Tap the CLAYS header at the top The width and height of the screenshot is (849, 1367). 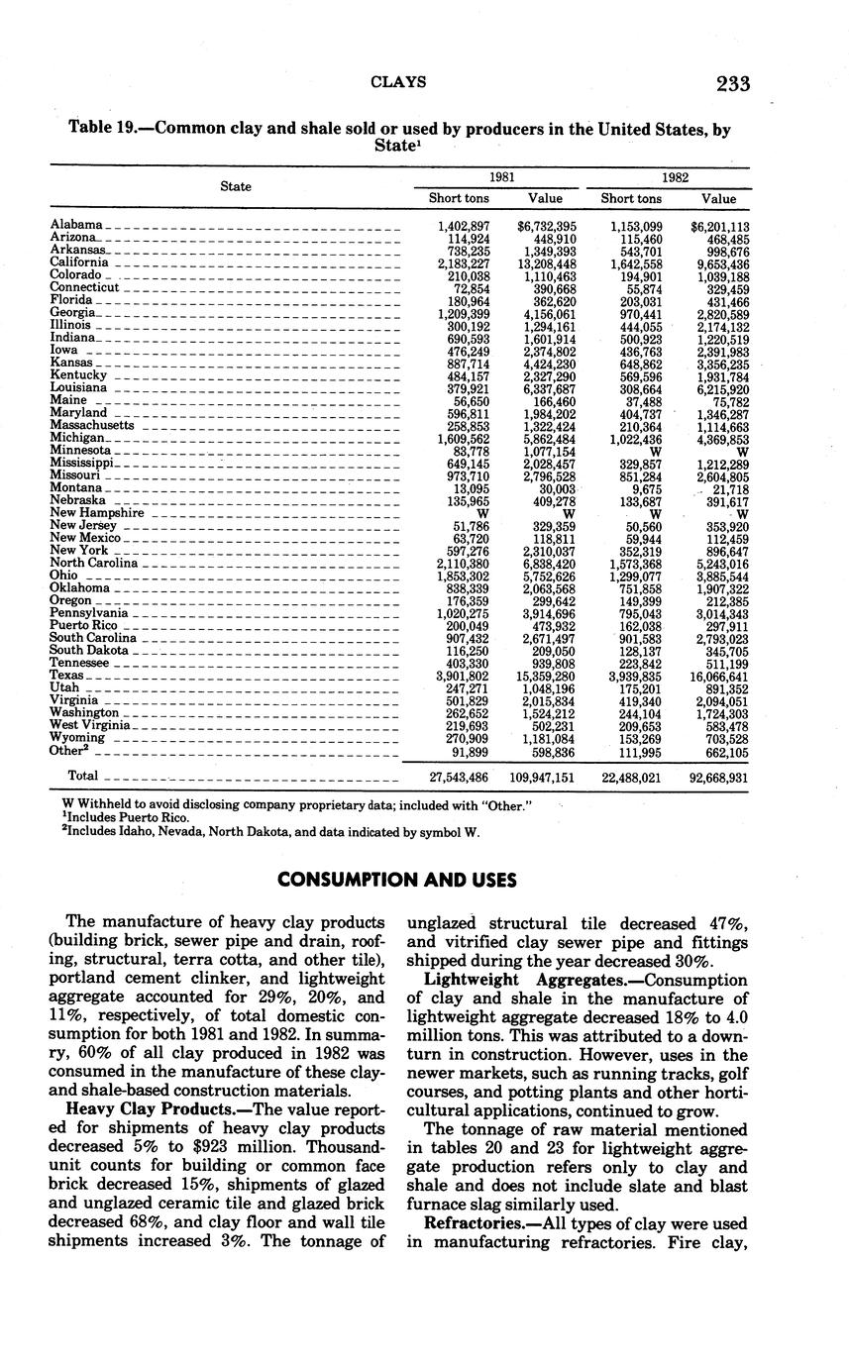(398, 83)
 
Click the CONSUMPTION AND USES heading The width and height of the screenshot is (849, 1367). (398, 879)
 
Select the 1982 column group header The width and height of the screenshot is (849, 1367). (676, 176)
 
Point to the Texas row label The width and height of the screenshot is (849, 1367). (67, 676)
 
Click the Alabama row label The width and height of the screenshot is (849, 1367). (76, 226)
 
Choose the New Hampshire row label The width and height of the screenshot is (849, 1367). (97, 513)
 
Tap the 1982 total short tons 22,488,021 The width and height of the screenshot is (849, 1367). (630, 777)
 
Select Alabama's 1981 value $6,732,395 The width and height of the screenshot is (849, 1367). (547, 226)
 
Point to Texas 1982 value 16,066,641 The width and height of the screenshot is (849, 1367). (720, 676)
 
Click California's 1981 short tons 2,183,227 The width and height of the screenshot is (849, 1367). (463, 263)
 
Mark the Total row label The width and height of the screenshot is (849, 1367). (83, 776)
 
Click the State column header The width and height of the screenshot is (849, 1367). (235, 186)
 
